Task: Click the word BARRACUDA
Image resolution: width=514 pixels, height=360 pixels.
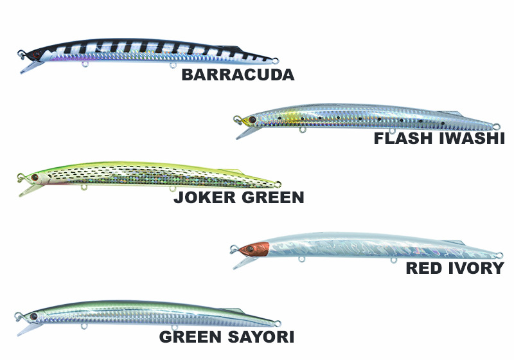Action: (238, 75)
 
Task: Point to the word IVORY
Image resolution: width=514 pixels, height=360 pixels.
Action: (476, 268)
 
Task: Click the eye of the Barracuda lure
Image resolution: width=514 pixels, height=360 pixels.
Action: (37, 54)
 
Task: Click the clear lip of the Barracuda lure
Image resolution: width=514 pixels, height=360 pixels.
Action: (28, 65)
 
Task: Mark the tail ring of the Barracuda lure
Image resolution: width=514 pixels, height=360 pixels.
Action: (276, 61)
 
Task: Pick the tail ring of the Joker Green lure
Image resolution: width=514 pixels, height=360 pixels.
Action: (277, 184)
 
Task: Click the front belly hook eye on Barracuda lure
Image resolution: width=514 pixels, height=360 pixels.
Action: (85, 65)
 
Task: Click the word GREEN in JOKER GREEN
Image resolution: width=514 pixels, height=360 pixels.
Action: (271, 197)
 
